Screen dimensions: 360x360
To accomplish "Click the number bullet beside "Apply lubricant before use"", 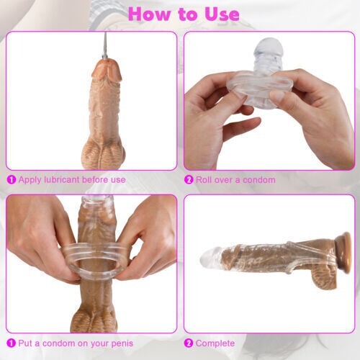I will click(x=11, y=179).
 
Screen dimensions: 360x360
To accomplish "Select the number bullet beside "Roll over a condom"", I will click(x=189, y=179).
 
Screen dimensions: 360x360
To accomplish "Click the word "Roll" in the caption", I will click(x=205, y=179).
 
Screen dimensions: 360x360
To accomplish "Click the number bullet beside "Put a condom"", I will click(x=11, y=344).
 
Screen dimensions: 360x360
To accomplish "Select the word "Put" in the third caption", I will click(x=27, y=344).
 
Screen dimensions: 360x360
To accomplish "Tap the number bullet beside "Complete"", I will click(x=189, y=344).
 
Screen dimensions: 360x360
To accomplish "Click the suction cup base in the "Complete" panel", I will click(x=344, y=248).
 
